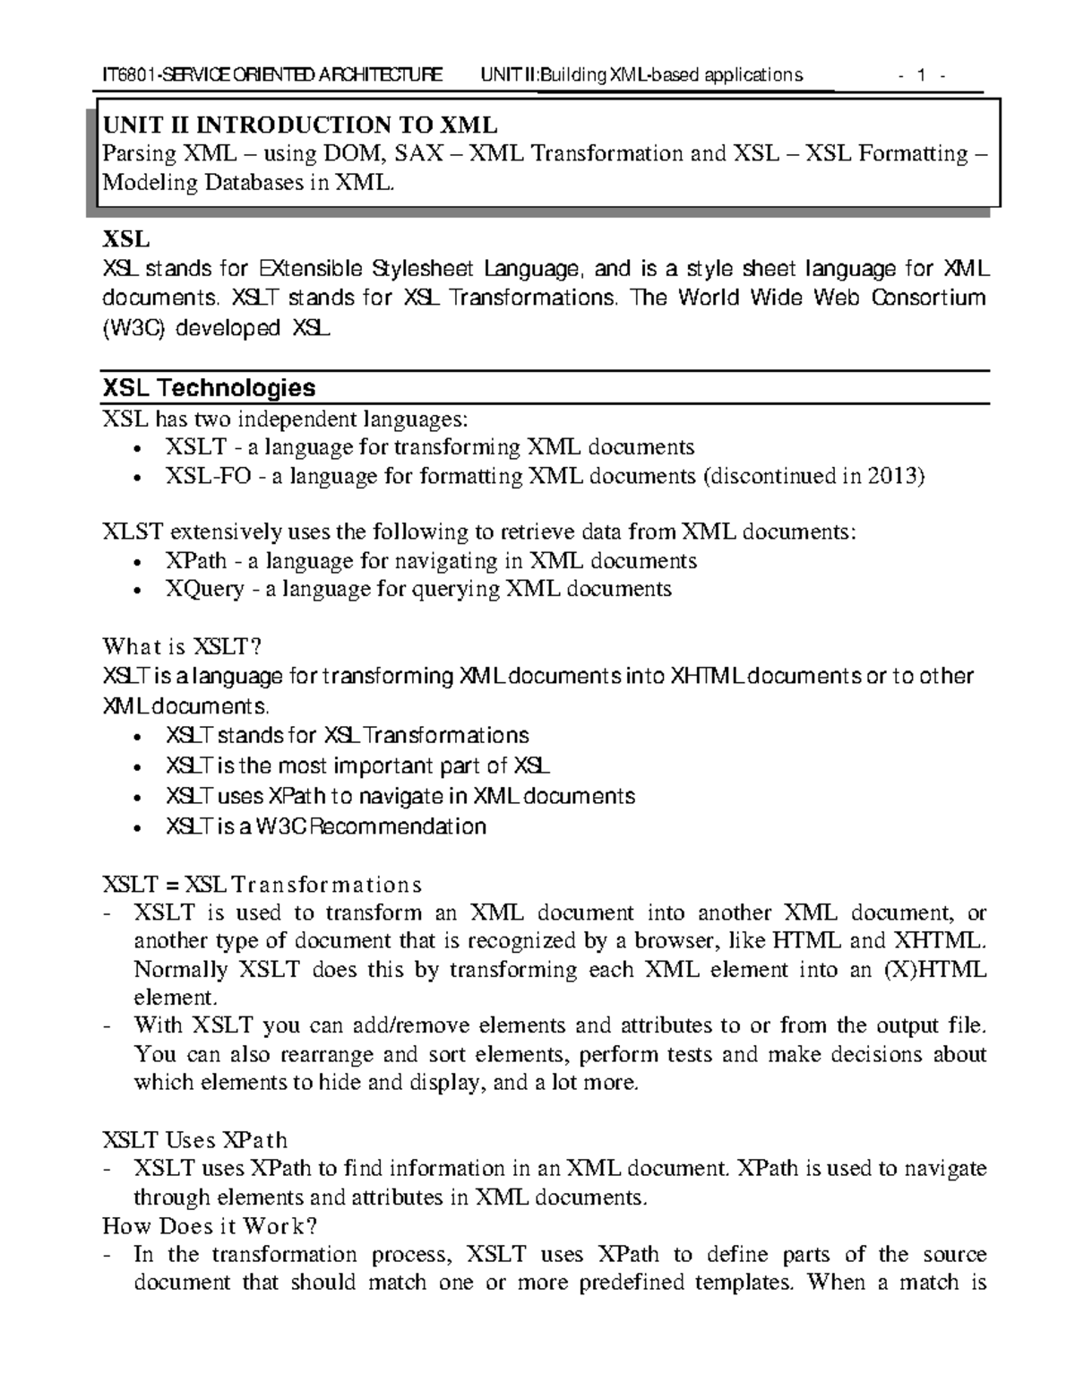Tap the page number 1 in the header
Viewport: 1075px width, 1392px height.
coord(919,75)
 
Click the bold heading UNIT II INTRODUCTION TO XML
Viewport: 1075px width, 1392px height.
coord(300,125)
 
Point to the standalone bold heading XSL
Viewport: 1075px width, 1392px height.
coord(125,240)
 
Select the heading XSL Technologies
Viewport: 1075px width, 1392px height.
coord(210,388)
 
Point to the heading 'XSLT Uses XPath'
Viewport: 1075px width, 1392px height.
coord(195,1140)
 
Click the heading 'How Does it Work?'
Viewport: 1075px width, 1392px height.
coord(211,1225)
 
